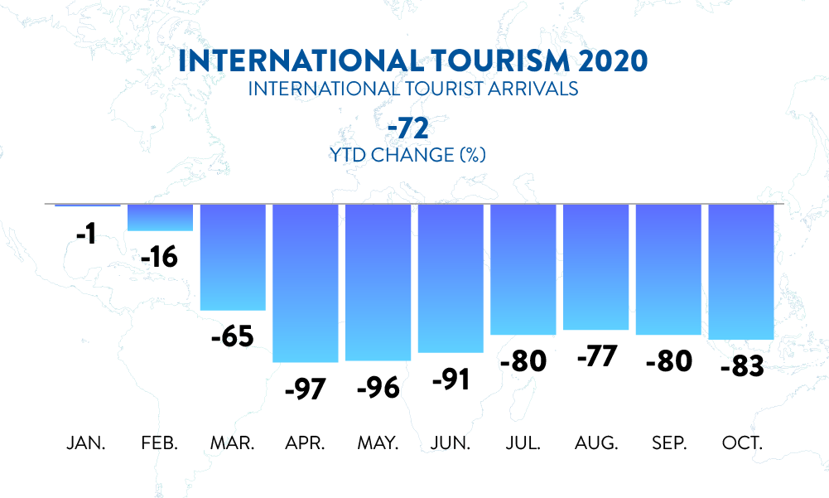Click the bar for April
click(306, 283)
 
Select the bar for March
click(233, 257)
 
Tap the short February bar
click(160, 218)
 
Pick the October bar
click(741, 272)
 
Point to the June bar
click(451, 278)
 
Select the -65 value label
click(232, 337)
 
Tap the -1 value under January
click(86, 234)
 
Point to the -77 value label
click(595, 357)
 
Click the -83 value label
click(741, 366)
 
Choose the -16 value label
click(159, 257)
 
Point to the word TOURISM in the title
click(465, 61)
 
